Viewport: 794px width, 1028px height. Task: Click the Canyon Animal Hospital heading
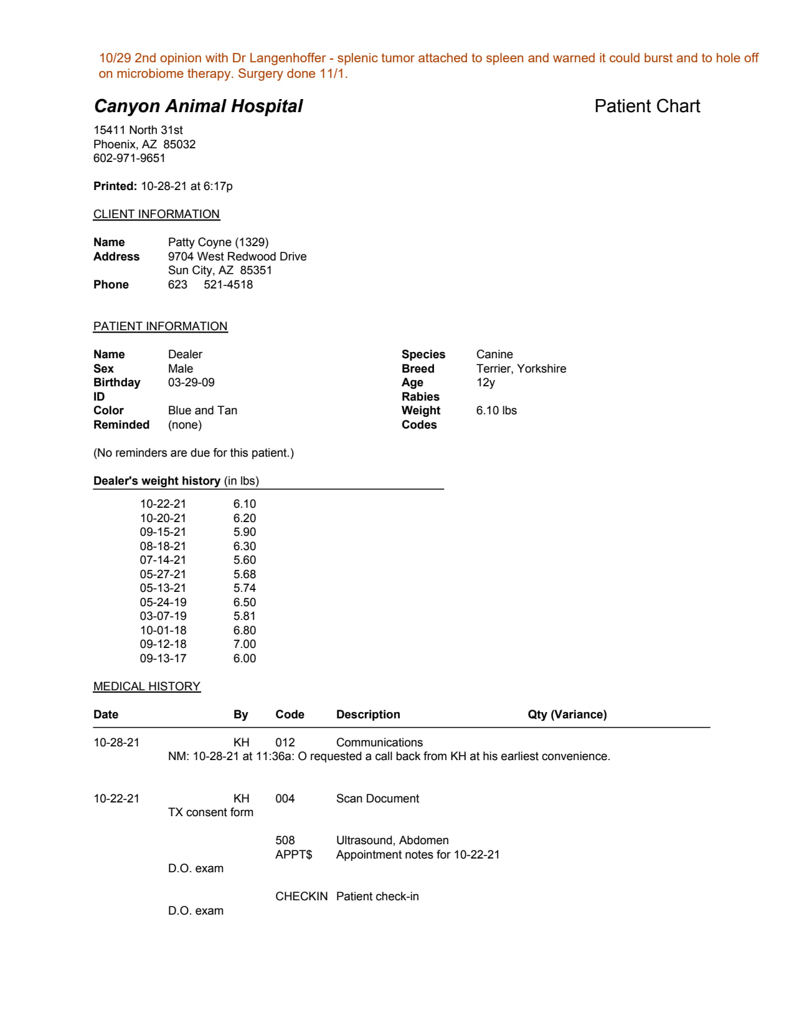tap(198, 106)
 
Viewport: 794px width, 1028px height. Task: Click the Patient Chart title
tap(647, 106)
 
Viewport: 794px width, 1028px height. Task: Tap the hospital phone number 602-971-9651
tap(130, 158)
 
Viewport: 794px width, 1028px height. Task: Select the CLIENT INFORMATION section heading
tap(156, 214)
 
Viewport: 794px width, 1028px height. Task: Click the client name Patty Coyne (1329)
tap(218, 242)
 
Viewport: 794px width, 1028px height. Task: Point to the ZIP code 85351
tap(256, 270)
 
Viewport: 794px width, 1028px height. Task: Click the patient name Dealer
tap(185, 355)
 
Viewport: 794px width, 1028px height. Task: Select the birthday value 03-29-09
tap(191, 383)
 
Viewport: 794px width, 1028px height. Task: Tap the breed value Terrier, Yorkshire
tap(521, 369)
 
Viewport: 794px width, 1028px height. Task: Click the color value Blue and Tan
tap(202, 411)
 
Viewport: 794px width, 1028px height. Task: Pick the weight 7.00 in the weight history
tap(245, 644)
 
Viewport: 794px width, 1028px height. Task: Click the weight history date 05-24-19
tap(163, 602)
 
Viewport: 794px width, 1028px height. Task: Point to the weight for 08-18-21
tap(245, 546)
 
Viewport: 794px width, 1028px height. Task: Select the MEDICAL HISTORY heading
tap(147, 687)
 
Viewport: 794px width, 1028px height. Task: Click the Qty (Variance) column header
tap(567, 715)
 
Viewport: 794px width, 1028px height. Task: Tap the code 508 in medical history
tap(285, 840)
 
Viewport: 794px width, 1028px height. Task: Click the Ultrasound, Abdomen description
tap(392, 840)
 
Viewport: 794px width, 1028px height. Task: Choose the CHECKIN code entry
tap(301, 897)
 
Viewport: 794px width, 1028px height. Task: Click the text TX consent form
tap(210, 812)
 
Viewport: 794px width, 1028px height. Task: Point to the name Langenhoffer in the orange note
tap(288, 58)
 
